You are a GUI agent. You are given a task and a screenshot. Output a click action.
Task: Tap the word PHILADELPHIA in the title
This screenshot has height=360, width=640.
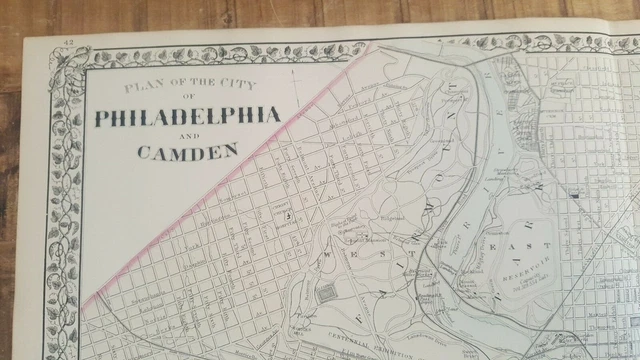tap(187, 117)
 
